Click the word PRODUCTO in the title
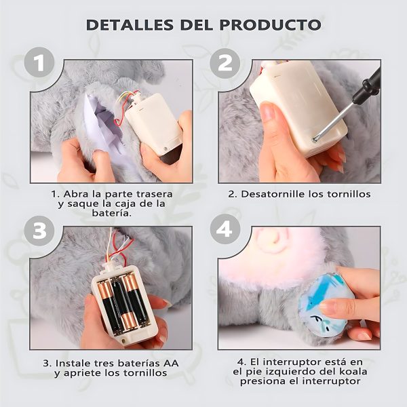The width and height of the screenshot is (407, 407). (x=270, y=25)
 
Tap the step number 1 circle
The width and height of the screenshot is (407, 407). (x=39, y=62)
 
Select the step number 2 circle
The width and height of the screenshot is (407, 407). (x=225, y=63)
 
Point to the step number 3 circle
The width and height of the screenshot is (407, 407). (x=39, y=231)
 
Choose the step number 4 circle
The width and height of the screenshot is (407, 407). (x=225, y=229)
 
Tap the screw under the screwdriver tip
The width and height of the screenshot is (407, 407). (x=315, y=140)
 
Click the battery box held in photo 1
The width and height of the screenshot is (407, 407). (x=154, y=125)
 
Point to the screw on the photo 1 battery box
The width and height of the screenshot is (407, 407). (x=166, y=149)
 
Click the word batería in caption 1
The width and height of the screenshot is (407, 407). (x=112, y=214)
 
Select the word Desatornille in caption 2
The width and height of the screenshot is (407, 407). (x=267, y=194)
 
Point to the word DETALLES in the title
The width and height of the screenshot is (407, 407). (x=130, y=25)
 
